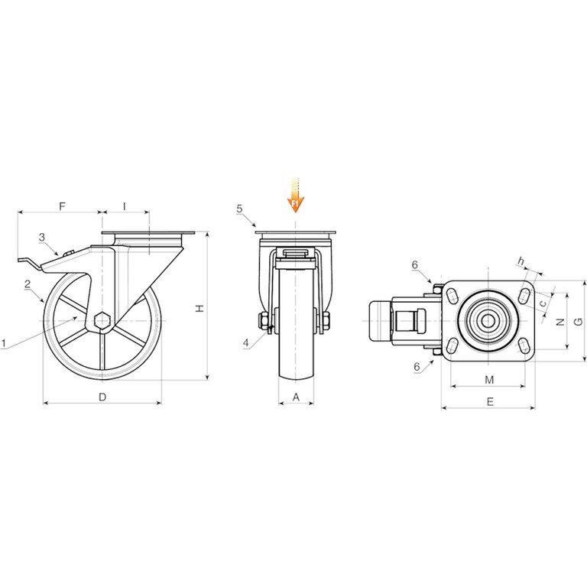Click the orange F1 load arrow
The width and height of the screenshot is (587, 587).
tap(296, 195)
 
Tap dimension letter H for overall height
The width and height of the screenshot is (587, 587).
tap(200, 308)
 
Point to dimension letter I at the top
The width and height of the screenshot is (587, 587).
tap(125, 206)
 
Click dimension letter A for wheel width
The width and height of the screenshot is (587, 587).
tap(296, 397)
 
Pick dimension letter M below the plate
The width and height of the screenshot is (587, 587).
tap(489, 380)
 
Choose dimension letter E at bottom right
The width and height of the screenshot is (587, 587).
tap(490, 402)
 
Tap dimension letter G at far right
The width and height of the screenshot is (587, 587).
tap(579, 321)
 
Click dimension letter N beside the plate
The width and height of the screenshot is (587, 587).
tap(560, 322)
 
